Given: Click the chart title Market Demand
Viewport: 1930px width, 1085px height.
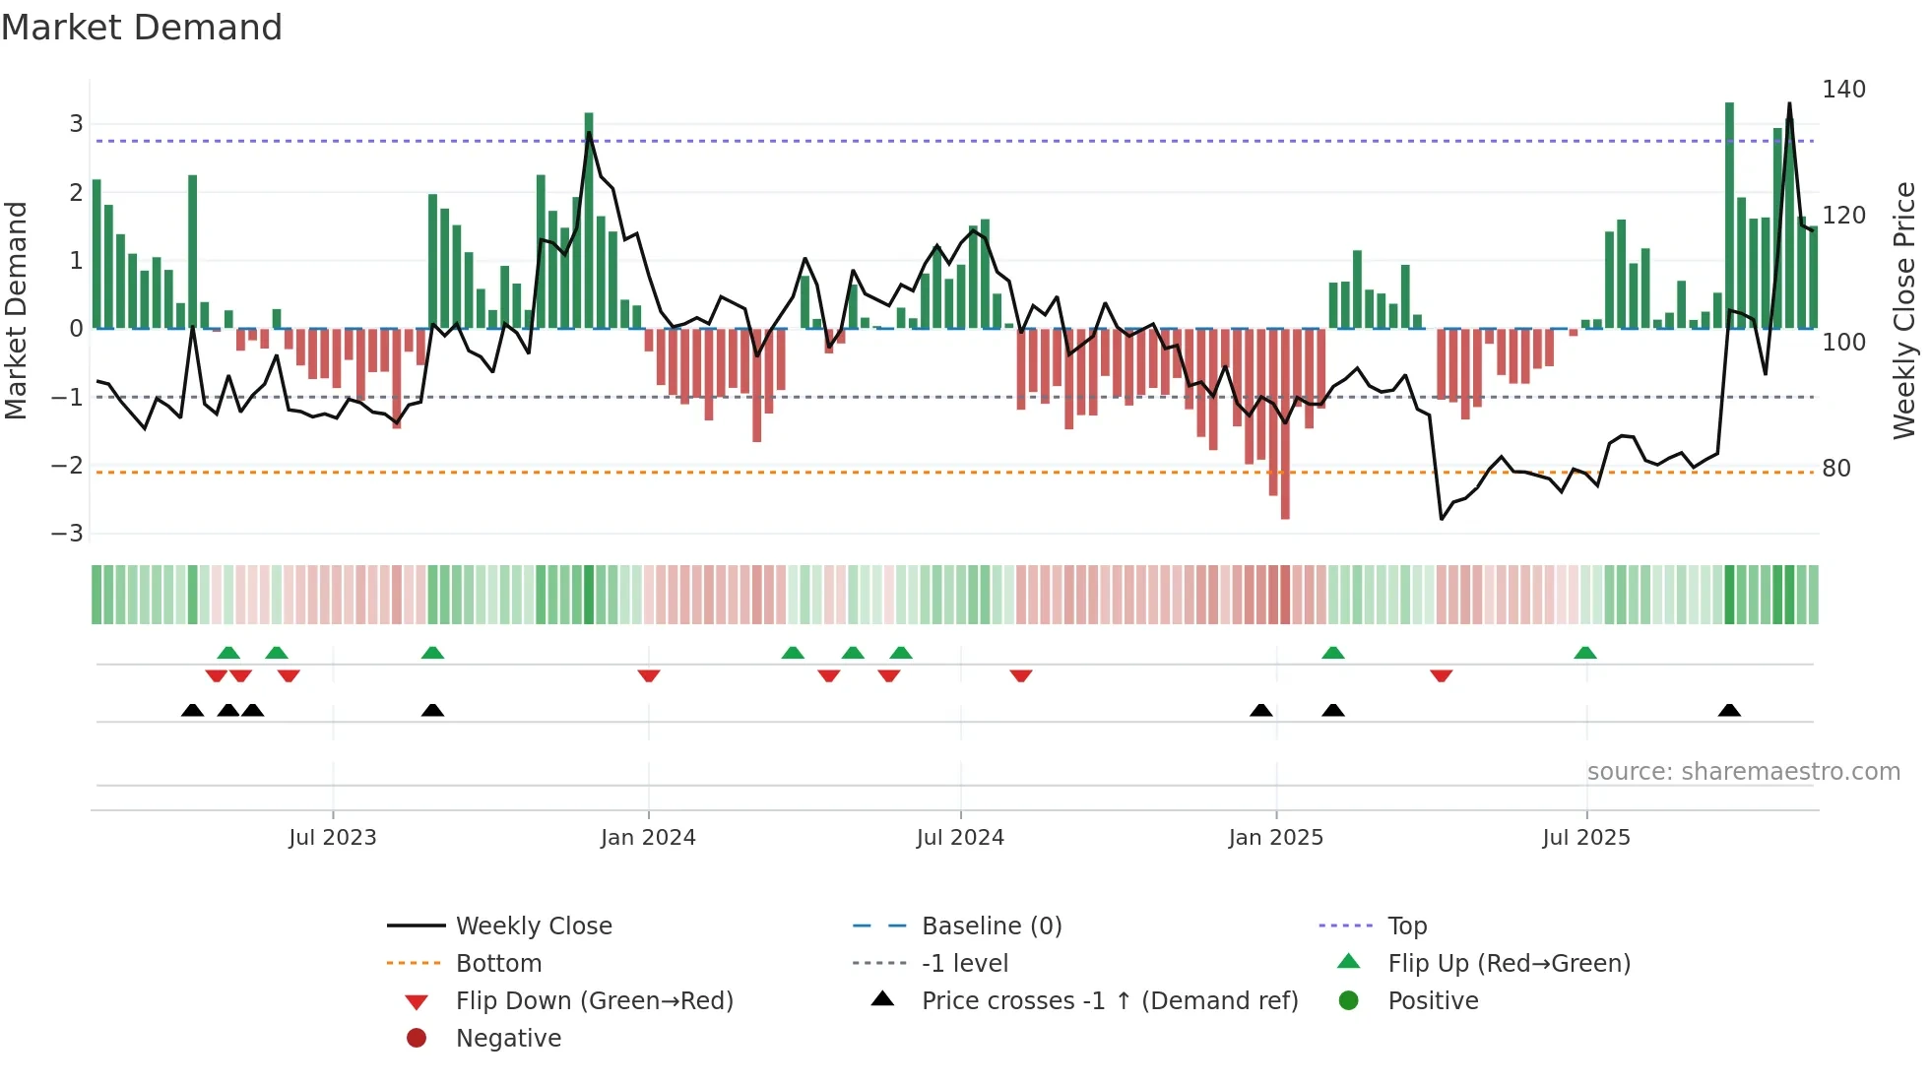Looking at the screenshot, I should pos(142,28).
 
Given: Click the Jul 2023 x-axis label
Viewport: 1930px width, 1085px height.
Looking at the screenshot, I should pos(333,838).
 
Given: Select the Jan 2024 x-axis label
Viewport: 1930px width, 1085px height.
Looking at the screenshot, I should pos(648,838).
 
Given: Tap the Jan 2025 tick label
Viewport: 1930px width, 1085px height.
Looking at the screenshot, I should pos(1276,838).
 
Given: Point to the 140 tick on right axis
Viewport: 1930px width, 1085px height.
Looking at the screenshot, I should pos(1843,90).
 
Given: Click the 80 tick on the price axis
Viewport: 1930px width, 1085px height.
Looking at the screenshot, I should pos(1836,469).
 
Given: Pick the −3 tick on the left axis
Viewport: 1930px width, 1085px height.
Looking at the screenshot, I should pos(68,534).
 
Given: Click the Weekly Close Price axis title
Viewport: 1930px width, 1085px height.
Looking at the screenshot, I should pos(1904,310).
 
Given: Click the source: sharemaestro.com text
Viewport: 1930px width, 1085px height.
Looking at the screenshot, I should pos(1743,772).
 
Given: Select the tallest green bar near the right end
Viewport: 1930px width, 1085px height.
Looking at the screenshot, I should pos(1729,217).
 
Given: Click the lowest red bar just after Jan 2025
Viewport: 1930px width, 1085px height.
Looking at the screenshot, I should pos(1285,423).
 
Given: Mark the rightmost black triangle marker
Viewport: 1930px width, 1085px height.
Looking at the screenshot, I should pos(1729,711).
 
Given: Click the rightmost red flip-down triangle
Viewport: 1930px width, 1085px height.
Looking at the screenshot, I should pos(1442,675).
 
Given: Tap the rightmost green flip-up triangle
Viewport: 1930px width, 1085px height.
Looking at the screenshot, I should pos(1585,653).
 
